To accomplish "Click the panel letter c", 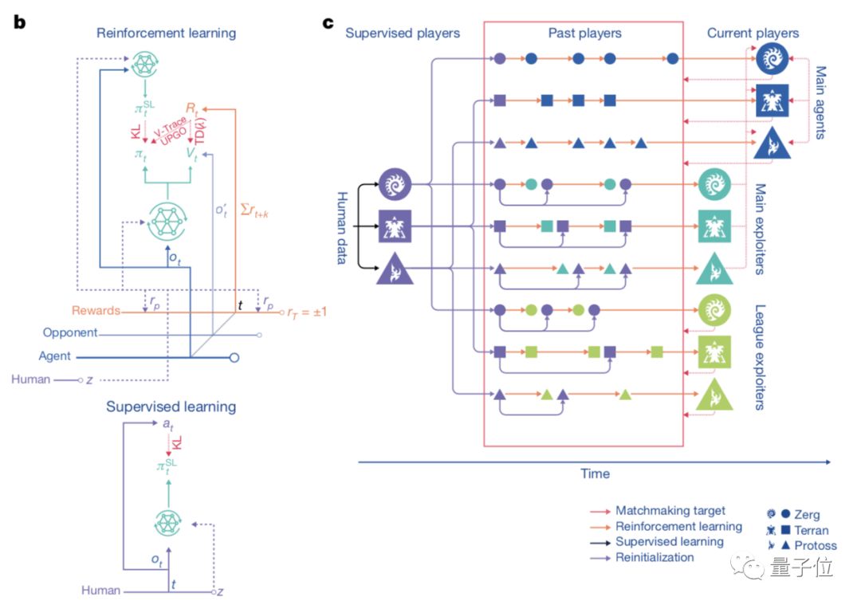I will pos(328,22).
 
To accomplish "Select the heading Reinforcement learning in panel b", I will pos(166,33).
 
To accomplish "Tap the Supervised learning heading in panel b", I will pos(171,407).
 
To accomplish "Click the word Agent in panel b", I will pos(55,356).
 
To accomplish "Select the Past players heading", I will pos(584,33).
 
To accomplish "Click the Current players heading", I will pos(753,33).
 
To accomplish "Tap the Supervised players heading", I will pos(403,33).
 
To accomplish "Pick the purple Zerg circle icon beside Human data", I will pos(394,184).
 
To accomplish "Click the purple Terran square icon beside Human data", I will pos(394,227).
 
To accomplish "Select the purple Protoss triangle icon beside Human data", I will pos(394,269).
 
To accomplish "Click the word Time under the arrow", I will pos(595,473).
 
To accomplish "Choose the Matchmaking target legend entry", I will pos(670,510).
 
